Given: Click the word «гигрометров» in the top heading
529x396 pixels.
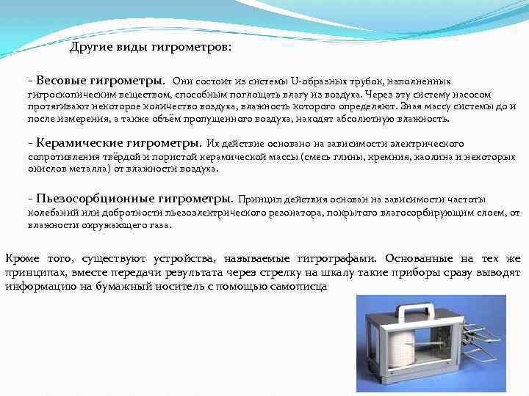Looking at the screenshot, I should (x=192, y=48).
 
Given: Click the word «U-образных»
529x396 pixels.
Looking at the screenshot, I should (x=317, y=81).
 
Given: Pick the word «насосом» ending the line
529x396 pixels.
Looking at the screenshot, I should (x=492, y=94).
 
